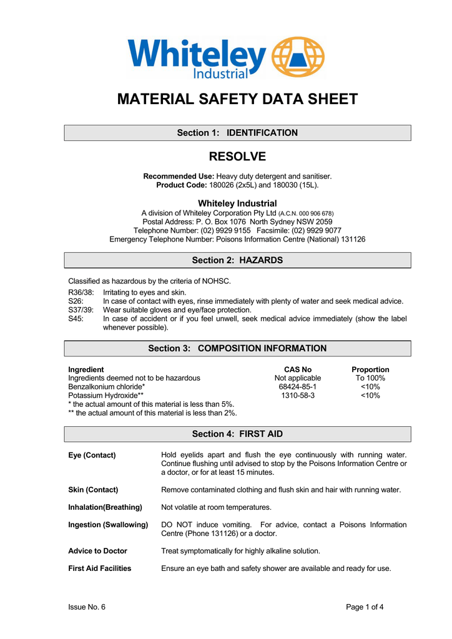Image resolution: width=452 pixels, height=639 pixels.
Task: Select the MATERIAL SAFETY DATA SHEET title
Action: coord(237,99)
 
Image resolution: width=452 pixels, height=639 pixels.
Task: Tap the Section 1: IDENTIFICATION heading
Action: coord(237,133)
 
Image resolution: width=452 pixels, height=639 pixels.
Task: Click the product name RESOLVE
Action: coord(237,157)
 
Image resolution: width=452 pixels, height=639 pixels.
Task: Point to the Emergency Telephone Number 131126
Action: coord(353,239)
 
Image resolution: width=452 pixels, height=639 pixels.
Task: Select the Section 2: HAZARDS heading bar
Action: coord(237,260)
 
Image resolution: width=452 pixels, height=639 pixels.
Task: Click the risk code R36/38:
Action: coord(81,292)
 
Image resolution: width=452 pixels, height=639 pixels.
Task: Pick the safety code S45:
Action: coord(76,318)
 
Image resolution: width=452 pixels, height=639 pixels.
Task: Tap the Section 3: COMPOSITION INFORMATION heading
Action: coord(237,348)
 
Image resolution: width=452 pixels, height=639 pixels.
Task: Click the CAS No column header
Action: coord(297,369)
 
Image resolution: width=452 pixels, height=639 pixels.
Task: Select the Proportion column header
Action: coord(370,369)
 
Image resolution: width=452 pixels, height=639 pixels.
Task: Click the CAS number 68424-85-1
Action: coord(297,387)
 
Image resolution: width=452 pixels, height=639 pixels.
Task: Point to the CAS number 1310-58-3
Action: coord(297,396)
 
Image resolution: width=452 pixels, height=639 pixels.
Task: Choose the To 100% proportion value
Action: coord(370,378)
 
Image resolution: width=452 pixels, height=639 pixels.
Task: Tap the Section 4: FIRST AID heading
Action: coord(237,434)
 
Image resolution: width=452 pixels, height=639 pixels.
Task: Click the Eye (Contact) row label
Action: coord(92,455)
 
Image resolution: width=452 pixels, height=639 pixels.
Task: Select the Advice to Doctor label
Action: coord(97,551)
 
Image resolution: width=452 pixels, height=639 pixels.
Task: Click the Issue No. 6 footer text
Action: coord(87,607)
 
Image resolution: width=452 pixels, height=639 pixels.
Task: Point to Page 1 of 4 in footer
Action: coord(365,607)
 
